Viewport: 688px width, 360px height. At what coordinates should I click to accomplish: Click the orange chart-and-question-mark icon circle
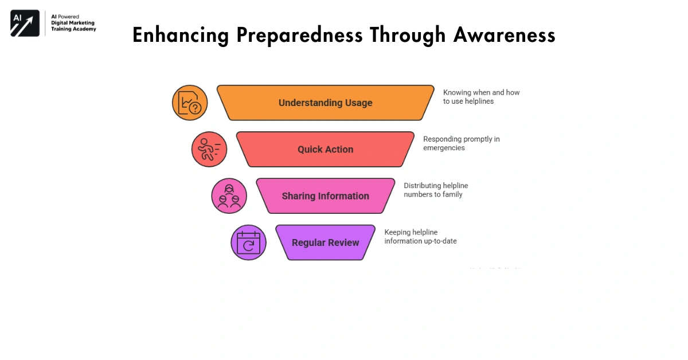pyautogui.click(x=190, y=103)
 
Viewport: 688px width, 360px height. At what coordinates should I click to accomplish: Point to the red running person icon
pyautogui.click(x=209, y=150)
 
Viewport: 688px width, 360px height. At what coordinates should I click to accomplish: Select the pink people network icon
pyautogui.click(x=229, y=196)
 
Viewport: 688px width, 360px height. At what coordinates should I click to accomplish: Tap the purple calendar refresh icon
pyautogui.click(x=248, y=242)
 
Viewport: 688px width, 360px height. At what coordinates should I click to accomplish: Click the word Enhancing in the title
pyautogui.click(x=181, y=36)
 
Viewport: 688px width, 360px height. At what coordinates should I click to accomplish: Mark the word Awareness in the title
pyautogui.click(x=504, y=36)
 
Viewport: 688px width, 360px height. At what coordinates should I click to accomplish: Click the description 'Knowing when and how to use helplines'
pyautogui.click(x=481, y=97)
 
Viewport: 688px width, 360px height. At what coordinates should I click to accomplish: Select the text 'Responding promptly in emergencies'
pyautogui.click(x=461, y=143)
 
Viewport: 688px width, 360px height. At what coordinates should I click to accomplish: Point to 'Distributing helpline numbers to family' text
pyautogui.click(x=436, y=190)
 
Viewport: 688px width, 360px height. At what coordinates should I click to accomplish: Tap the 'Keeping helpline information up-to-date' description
pyautogui.click(x=420, y=237)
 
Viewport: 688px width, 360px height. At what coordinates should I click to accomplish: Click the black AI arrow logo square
pyautogui.click(x=25, y=24)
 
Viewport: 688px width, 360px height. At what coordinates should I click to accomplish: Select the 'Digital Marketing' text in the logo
pyautogui.click(x=73, y=23)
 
